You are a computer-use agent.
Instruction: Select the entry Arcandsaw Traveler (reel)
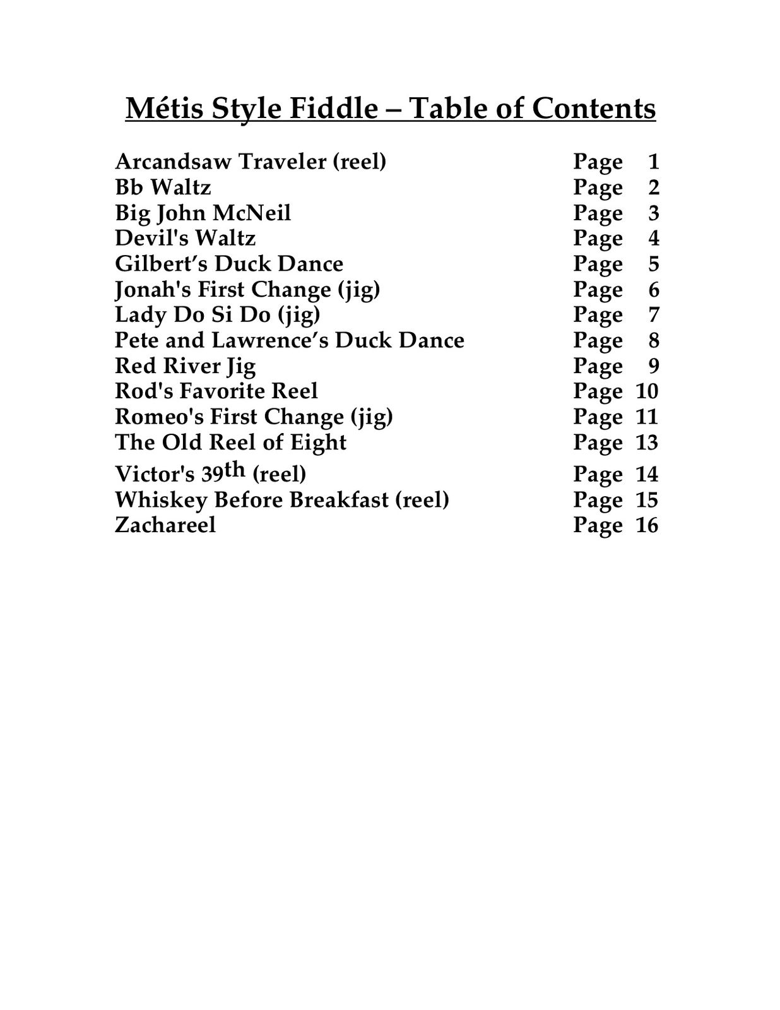coord(251,162)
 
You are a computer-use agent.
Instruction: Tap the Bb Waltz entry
coord(163,187)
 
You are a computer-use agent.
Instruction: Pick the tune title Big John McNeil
coord(203,213)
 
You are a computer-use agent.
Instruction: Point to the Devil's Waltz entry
coord(185,238)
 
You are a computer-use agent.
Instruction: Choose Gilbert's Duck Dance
coord(229,264)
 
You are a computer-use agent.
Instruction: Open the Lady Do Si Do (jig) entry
coord(217,314)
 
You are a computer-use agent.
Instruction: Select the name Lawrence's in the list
coord(269,340)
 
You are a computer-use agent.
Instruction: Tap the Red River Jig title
coord(185,365)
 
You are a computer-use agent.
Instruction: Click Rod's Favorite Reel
coord(216,391)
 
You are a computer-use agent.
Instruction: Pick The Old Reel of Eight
coord(230,442)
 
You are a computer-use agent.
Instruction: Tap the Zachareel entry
coord(165,525)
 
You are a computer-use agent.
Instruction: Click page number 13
coord(647,443)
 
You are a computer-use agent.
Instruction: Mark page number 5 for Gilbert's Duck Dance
coord(653,264)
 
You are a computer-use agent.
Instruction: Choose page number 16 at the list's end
coord(647,525)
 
